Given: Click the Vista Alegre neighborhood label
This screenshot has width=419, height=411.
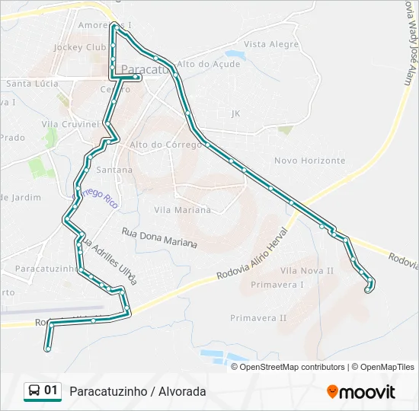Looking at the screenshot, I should (x=271, y=45).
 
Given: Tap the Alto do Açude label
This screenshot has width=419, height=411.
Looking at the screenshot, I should (x=208, y=64).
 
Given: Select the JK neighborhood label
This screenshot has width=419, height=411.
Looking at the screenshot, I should (x=235, y=113).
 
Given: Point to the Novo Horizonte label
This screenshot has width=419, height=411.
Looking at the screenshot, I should (x=309, y=161).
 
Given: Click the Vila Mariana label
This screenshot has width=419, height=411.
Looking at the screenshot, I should (x=182, y=209).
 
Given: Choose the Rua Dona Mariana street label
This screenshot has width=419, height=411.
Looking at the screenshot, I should (x=158, y=237).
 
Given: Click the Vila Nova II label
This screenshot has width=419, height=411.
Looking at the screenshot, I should (x=307, y=270).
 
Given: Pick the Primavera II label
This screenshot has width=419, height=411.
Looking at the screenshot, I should (x=258, y=317).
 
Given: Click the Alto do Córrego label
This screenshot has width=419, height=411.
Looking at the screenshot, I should (x=165, y=145).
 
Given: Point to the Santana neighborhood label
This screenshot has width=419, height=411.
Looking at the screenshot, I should (x=114, y=170).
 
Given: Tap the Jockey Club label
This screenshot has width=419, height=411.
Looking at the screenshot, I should (x=79, y=47).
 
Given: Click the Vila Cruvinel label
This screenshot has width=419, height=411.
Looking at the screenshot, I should (x=70, y=123).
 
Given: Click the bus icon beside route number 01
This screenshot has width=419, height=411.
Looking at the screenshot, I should (x=34, y=390).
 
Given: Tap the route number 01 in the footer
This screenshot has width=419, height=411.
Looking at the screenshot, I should (x=51, y=390).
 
